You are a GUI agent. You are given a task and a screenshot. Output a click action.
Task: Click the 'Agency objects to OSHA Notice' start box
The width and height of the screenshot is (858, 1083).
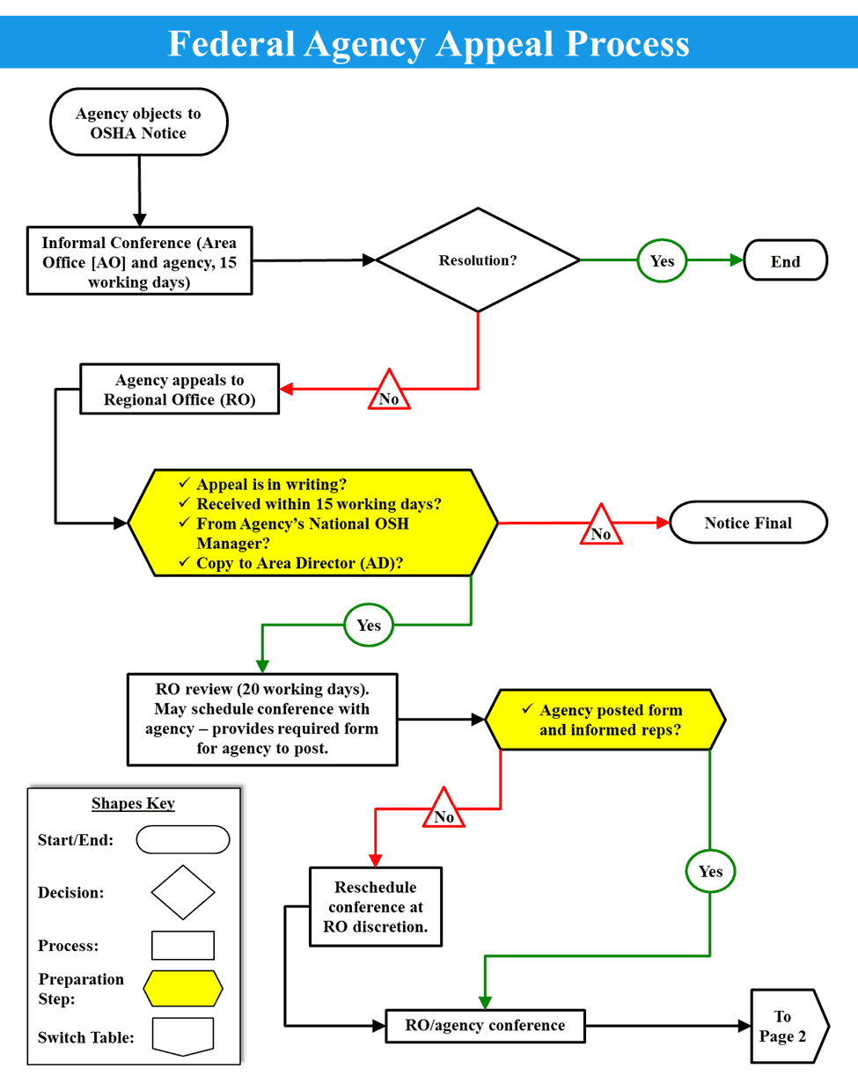[138, 123]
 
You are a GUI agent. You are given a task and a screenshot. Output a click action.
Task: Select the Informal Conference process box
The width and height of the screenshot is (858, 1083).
[138, 260]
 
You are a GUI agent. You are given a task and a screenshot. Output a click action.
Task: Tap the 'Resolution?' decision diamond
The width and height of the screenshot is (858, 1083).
[478, 260]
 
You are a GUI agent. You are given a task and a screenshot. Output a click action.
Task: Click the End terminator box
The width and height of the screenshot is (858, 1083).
[785, 260]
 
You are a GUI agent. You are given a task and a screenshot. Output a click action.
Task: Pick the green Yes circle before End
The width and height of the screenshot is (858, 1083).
[662, 260]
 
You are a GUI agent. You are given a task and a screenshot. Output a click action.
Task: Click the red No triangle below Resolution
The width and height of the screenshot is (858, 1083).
[388, 393]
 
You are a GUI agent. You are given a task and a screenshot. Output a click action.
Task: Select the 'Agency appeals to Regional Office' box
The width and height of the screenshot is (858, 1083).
[180, 390]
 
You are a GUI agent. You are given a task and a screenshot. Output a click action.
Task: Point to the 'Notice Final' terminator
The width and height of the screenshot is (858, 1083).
[748, 523]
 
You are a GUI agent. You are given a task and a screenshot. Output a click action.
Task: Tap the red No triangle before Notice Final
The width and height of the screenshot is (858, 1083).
[600, 528]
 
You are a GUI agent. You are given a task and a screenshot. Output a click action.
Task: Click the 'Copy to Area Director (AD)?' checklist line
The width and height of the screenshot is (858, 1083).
[299, 563]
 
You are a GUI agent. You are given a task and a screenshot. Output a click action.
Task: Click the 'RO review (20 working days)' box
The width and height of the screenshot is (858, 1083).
[262, 719]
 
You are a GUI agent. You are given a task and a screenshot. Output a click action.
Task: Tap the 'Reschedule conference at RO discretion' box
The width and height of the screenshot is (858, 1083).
[375, 906]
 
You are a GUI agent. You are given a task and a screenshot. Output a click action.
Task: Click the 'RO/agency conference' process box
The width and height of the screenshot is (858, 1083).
[485, 1025]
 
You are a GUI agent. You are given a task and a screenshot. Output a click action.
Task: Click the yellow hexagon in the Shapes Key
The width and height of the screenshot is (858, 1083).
[183, 988]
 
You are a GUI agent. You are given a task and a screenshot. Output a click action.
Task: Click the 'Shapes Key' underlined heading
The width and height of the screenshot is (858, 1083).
[133, 803]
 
